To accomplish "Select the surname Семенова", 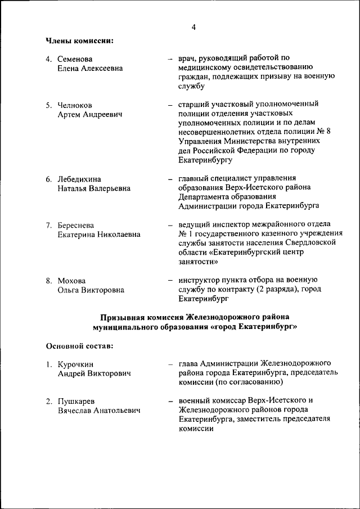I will (x=75, y=59).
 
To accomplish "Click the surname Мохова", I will (x=72, y=280).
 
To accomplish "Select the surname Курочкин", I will (x=76, y=364).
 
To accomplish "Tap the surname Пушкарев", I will (x=76, y=401).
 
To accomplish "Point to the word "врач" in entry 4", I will (x=188, y=58).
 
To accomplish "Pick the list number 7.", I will (x=49, y=225).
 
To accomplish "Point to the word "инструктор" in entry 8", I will (x=199, y=280).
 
